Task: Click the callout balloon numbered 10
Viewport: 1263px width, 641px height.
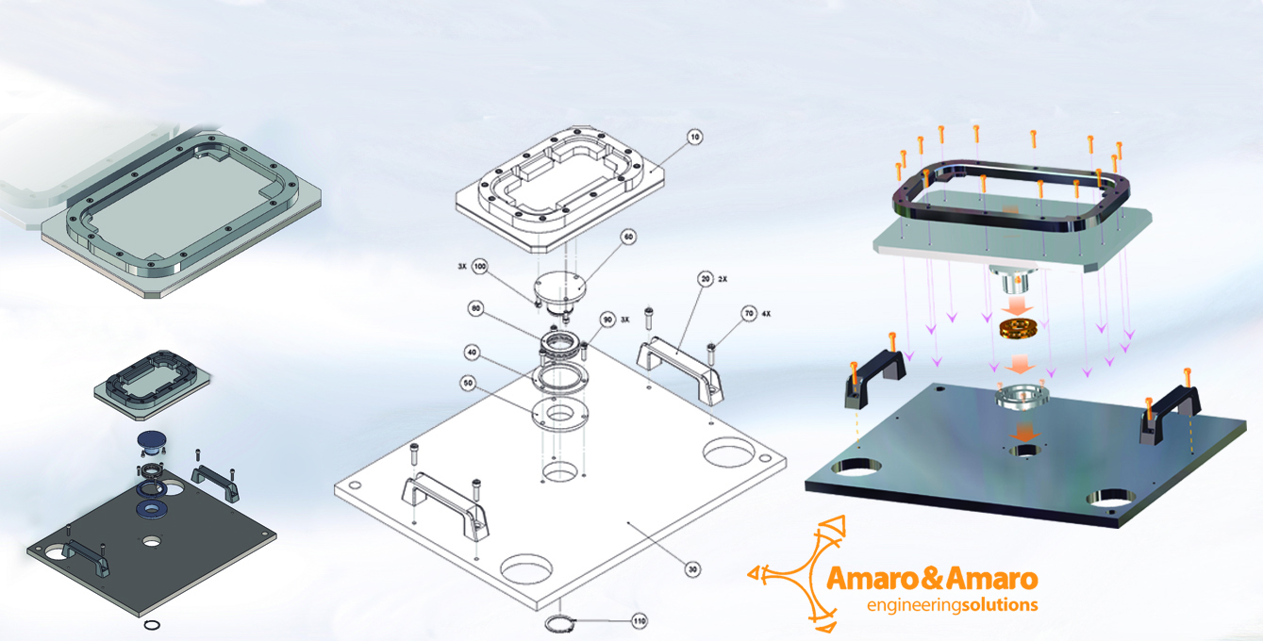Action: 695,138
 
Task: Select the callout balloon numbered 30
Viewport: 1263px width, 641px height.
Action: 693,569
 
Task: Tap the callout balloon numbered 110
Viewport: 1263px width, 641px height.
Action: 639,621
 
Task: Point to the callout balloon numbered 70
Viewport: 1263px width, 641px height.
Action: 749,314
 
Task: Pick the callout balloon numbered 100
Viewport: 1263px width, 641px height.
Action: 480,267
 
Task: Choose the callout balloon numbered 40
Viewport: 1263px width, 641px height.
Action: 472,352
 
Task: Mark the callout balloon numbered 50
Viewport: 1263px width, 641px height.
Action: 466,383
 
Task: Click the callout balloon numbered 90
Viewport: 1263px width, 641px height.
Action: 607,320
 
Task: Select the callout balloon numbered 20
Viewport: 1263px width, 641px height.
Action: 705,280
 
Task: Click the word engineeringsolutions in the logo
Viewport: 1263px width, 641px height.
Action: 952,604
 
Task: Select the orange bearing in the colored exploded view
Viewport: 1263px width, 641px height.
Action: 1019,331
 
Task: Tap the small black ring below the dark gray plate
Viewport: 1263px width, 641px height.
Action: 151,624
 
